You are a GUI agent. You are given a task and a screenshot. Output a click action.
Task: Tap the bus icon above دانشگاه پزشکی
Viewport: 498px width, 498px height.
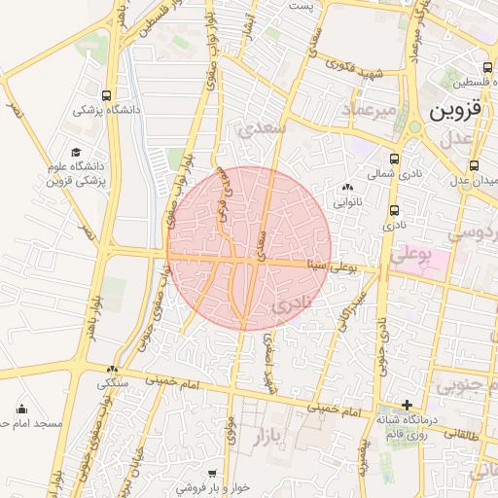tap(105, 96)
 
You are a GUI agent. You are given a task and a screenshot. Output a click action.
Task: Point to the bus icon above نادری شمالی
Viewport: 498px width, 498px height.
tap(394, 159)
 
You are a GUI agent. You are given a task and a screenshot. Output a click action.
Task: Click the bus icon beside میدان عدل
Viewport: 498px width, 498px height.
tap(474, 165)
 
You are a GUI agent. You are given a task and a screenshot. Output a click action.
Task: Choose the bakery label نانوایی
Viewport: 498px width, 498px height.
tap(347, 203)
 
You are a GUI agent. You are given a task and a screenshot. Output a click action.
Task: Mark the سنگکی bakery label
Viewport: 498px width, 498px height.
tap(113, 384)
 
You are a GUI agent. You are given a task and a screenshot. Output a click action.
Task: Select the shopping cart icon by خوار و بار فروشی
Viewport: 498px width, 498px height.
tap(212, 474)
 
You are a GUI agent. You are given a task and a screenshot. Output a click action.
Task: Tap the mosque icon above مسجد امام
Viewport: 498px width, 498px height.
tap(21, 409)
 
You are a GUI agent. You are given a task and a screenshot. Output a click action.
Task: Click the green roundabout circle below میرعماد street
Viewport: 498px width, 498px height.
tap(415, 127)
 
